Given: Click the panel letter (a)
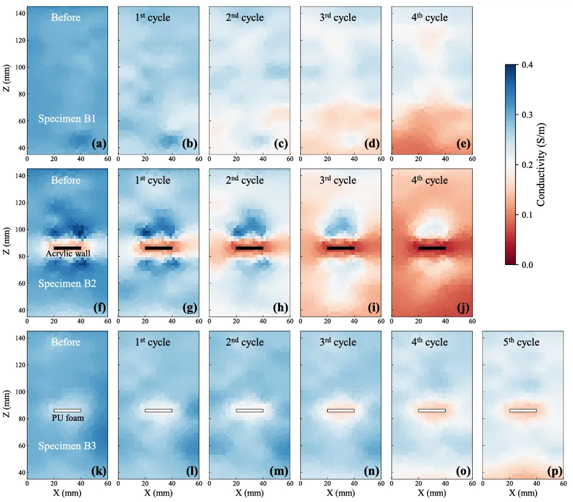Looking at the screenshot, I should [99, 143].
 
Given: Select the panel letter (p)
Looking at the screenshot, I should [554, 472].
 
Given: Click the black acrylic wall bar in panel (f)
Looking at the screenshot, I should [67, 248].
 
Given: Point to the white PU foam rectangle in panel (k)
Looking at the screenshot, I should [67, 410].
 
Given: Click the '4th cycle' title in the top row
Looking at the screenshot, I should [429, 17].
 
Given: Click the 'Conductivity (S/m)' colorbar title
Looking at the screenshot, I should [541, 164].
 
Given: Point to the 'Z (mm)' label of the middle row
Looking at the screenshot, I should [6, 242].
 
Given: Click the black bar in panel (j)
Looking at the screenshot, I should [432, 248].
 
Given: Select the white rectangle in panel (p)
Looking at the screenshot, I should [523, 410].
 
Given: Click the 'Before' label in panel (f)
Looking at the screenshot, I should [66, 180].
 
